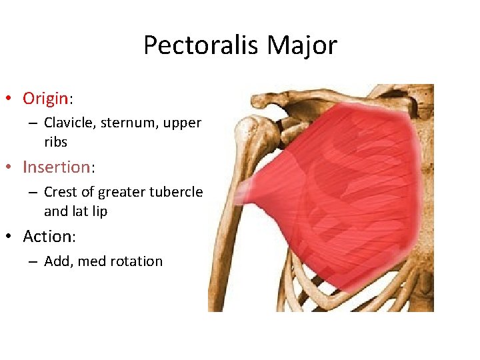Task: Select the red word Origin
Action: (x=45, y=99)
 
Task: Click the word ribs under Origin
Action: (x=55, y=141)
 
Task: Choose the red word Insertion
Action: (x=56, y=167)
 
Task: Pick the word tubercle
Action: (x=178, y=192)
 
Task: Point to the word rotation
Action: (x=135, y=261)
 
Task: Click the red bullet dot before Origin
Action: (x=8, y=99)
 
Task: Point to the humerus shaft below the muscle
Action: (x=223, y=267)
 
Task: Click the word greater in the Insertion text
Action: (x=121, y=192)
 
